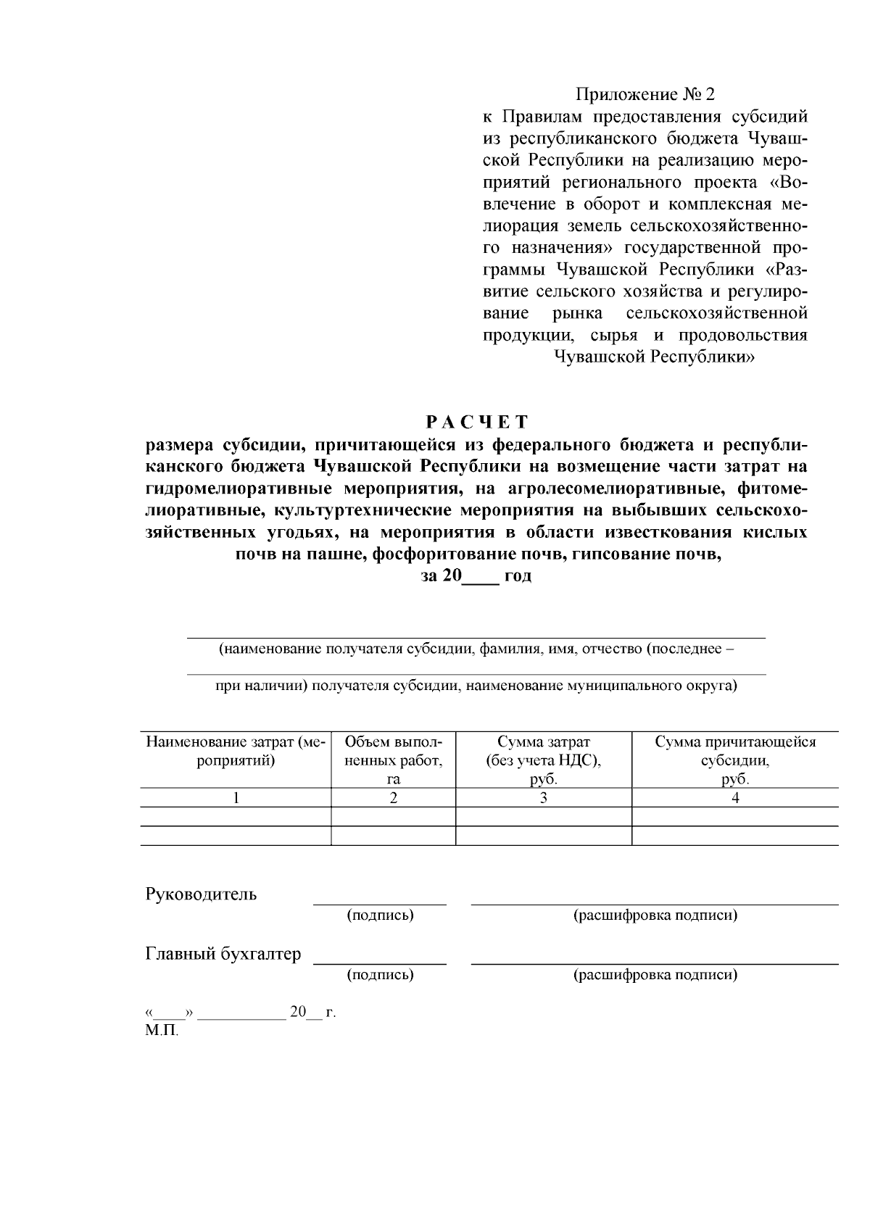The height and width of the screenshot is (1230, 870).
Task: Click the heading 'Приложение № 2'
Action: (645, 95)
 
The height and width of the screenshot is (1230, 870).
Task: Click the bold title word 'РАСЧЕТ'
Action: (476, 422)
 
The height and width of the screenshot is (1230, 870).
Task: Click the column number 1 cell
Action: (236, 798)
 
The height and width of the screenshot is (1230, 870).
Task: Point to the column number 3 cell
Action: (543, 798)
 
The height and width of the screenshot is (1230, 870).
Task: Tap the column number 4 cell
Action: (734, 798)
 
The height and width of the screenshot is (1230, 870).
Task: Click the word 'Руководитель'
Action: (201, 894)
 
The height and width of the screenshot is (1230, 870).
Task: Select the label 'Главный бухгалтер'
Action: (223, 954)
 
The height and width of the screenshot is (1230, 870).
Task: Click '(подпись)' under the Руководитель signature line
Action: (380, 915)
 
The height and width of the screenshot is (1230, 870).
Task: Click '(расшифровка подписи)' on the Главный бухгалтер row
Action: (655, 975)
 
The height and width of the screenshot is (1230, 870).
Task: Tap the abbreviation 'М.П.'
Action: (161, 1030)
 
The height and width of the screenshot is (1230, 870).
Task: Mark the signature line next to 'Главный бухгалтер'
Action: (379, 963)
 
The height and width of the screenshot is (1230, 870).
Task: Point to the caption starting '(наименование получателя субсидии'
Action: (476, 649)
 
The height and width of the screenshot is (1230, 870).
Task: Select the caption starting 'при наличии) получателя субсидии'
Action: (476, 685)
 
